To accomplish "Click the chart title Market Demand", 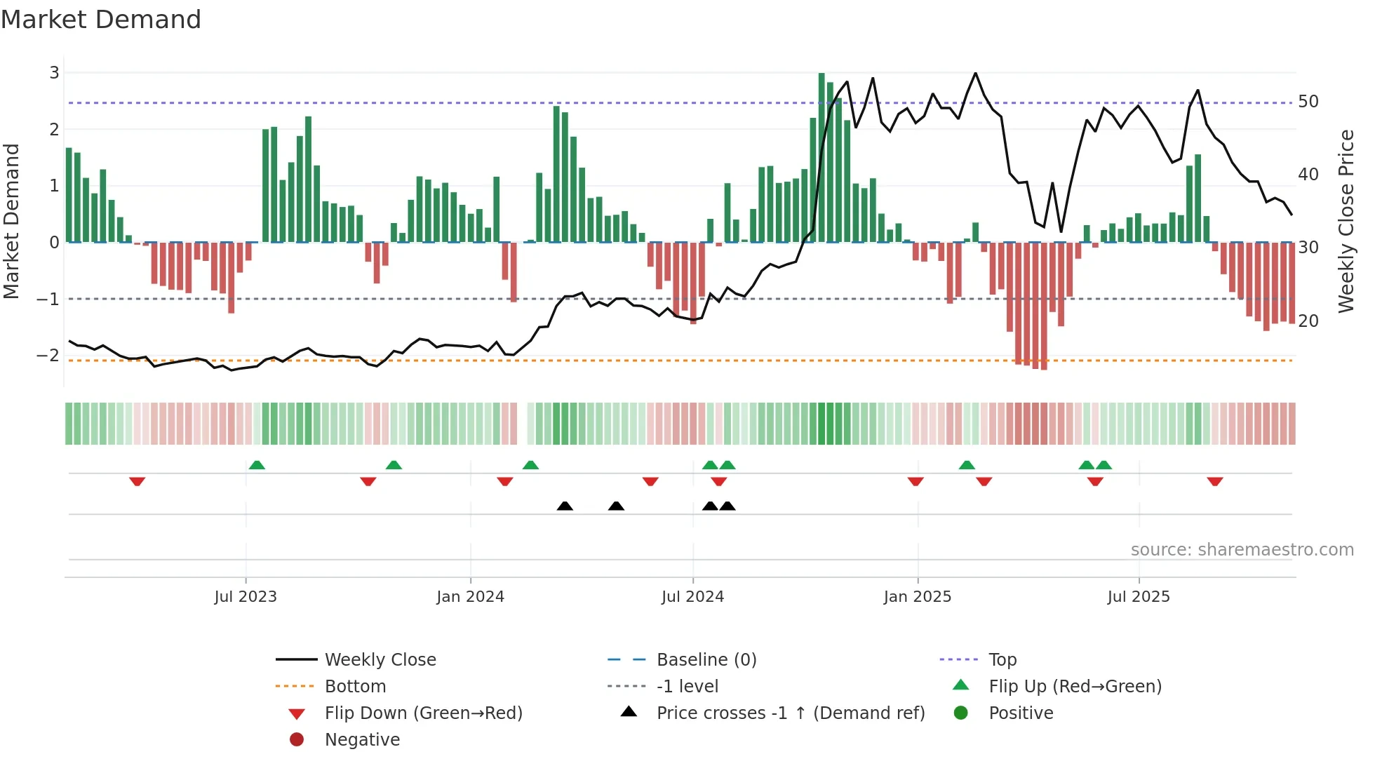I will tap(101, 20).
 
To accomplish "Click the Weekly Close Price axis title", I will tap(1346, 221).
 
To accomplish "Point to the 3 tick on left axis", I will tap(54, 73).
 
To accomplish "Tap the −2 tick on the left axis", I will tap(48, 356).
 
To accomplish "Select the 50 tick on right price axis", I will tap(1308, 102).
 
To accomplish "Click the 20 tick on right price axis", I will tap(1308, 321).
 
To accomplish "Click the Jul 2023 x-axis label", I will tap(246, 597).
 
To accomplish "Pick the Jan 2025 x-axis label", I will tap(917, 597).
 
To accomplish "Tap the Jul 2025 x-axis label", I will tap(1139, 597).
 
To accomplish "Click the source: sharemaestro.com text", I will tap(1242, 550).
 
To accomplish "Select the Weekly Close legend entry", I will tap(380, 660).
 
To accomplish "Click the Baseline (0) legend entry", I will tap(706, 660).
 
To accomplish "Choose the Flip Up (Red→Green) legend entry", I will tap(1075, 687).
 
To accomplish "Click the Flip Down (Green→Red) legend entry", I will tap(423, 713).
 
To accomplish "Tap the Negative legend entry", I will tap(362, 740).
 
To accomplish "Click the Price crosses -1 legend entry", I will tap(790, 713).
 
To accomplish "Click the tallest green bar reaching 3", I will tap(821, 158).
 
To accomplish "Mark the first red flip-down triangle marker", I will tap(137, 481).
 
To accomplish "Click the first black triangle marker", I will tap(565, 506).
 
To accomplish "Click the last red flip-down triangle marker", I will tap(1215, 481).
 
